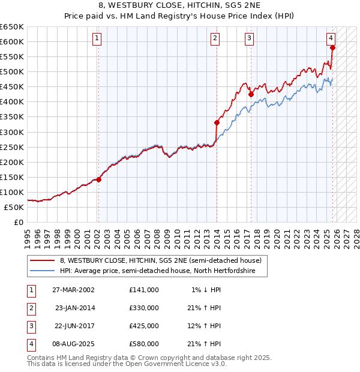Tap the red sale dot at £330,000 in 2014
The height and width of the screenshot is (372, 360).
tap(217, 122)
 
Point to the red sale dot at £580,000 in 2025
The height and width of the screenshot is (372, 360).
tap(332, 47)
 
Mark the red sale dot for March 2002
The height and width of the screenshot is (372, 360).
tap(98, 179)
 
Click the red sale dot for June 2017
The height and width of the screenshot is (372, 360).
tap(251, 94)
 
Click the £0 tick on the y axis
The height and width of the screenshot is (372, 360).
tap(19, 222)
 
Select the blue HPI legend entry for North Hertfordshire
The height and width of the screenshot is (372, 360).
tap(158, 271)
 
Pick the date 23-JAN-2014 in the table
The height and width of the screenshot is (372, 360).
tap(74, 307)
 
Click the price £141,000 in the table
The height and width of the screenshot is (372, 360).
tap(143, 289)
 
